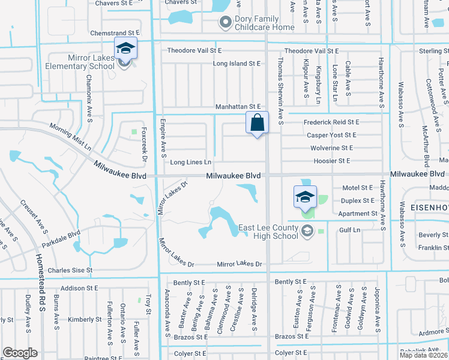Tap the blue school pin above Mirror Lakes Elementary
click(125, 48)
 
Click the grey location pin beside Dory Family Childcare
click(226, 23)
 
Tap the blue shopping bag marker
click(257, 122)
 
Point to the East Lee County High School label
click(268, 232)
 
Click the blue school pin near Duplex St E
click(305, 196)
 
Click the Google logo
click(20, 353)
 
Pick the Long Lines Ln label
click(191, 162)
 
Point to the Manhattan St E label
click(239, 107)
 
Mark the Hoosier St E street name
click(331, 161)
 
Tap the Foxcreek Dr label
click(143, 145)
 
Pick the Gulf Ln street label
click(349, 230)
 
